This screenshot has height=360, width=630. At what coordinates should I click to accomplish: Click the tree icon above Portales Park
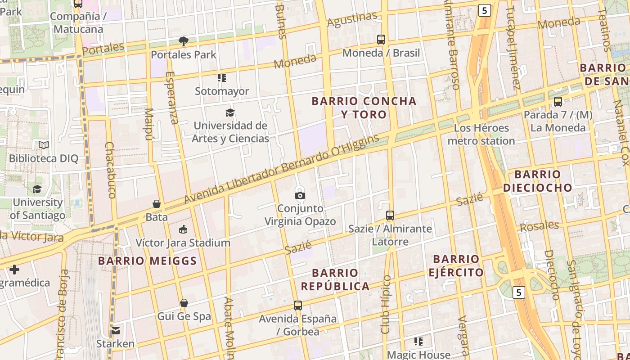184,41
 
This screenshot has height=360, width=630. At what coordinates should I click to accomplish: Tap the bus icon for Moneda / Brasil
381,40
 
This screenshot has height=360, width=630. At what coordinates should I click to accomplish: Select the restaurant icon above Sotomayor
221,78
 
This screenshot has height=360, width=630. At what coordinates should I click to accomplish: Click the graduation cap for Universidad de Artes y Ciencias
230,112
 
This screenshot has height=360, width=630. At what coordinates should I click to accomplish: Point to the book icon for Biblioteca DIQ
44,145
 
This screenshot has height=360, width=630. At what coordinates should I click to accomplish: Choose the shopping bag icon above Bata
157,204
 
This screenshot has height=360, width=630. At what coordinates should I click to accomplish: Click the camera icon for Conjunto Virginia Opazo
300,195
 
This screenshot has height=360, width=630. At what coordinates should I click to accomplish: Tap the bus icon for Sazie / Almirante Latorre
390,216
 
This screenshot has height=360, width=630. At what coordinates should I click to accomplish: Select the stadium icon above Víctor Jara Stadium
183,229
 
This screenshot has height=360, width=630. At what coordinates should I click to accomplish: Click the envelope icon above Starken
116,331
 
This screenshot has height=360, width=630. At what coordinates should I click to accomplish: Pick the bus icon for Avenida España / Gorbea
297,306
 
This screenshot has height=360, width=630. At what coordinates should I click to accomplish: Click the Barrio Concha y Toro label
364,108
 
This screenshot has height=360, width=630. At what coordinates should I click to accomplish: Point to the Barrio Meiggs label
148,261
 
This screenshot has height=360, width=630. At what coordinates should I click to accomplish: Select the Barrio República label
335,279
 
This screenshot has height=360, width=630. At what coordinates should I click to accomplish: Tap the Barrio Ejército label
456,265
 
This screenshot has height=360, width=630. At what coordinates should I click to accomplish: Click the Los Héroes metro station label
481,135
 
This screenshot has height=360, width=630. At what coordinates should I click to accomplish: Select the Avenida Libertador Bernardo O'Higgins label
282,169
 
